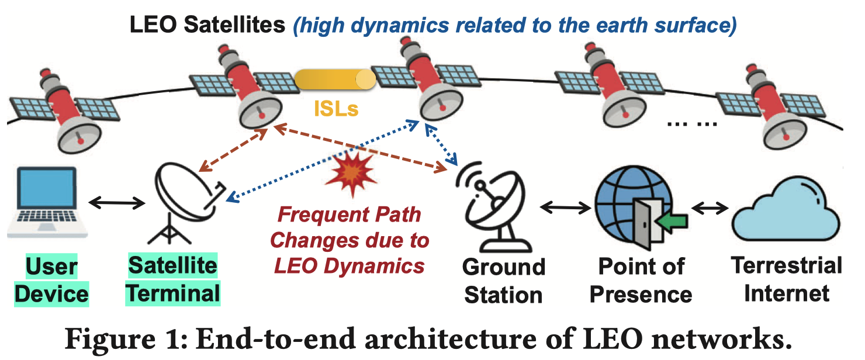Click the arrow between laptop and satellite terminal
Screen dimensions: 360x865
(117, 203)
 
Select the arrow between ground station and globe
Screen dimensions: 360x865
(564, 206)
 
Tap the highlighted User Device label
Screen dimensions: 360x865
(51, 280)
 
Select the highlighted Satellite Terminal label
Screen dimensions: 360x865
(173, 279)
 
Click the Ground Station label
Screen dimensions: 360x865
(503, 280)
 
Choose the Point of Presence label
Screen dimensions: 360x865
(641, 280)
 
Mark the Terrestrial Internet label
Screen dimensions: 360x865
(787, 279)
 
